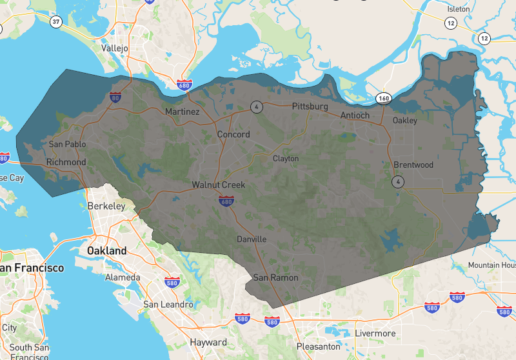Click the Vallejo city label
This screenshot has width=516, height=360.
tap(115, 48)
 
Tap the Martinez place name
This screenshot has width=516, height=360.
tap(182, 112)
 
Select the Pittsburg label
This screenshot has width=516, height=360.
tap(310, 106)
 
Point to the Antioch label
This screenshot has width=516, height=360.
tap(355, 115)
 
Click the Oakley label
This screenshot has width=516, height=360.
tap(405, 121)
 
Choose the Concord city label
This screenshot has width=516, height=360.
tap(233, 134)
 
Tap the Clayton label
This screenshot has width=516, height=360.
tap(286, 158)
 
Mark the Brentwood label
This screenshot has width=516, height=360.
tap(413, 165)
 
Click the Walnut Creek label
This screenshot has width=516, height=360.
tap(219, 185)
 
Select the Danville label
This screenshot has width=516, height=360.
tap(252, 239)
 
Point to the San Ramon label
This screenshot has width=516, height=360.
tap(275, 277)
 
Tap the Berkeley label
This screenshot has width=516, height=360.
tap(106, 206)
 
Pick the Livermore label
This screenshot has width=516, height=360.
tap(375, 333)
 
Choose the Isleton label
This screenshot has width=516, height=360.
tap(459, 10)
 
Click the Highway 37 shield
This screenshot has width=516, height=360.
tap(56, 22)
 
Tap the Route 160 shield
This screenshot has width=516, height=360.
tap(385, 98)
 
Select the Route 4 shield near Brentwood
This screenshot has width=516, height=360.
tap(399, 182)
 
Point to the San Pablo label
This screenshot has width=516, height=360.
tap(68, 145)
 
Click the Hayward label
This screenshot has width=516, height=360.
tap(208, 342)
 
